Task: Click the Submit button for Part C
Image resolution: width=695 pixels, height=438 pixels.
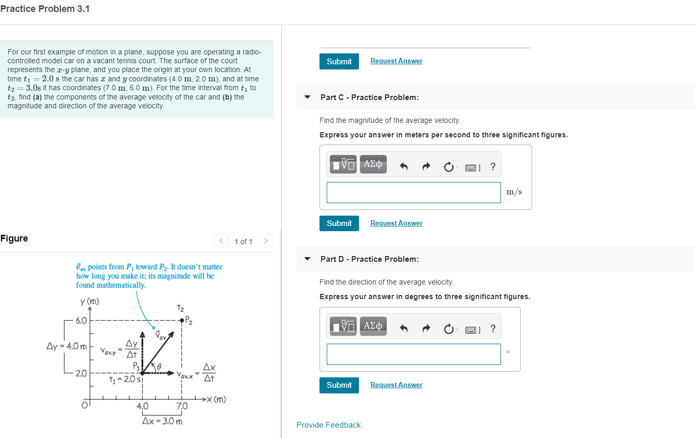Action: point(339,223)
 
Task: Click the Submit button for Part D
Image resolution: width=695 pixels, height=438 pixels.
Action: point(339,385)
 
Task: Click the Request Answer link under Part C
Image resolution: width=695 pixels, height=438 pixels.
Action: point(396,223)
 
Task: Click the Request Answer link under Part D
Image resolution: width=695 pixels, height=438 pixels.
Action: point(396,385)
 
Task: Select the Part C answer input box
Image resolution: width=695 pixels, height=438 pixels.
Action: point(413,192)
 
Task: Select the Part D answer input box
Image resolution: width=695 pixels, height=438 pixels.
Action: point(413,354)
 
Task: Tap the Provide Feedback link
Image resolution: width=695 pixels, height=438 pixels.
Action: point(328,425)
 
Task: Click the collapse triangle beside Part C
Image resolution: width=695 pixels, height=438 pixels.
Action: point(308,97)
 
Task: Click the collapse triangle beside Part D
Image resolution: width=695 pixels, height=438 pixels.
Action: point(308,259)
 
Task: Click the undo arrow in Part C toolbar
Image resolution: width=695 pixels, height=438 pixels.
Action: point(405,167)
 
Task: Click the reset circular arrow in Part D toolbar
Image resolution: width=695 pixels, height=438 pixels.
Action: point(448,329)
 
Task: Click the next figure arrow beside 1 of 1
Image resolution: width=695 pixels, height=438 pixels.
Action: point(266,241)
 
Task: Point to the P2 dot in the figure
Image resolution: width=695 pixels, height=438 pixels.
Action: point(182,320)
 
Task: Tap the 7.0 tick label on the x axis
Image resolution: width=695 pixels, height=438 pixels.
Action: point(182,406)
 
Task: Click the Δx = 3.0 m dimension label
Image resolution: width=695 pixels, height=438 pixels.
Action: point(162,421)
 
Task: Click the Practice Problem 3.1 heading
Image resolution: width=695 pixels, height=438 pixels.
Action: point(45,9)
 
